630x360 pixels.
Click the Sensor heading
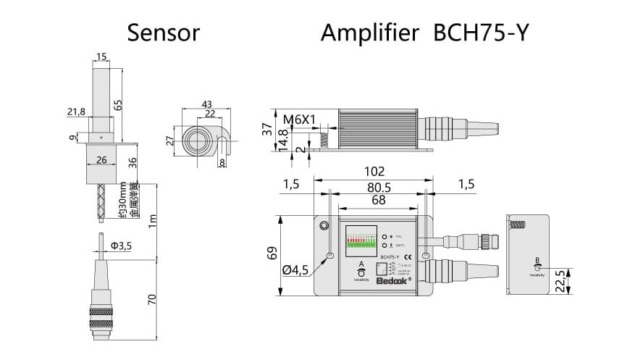coord(163,33)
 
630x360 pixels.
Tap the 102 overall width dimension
coord(374,173)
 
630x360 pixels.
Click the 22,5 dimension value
coord(558,279)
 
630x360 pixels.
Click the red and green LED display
coord(362,239)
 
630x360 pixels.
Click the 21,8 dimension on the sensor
coord(75,111)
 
